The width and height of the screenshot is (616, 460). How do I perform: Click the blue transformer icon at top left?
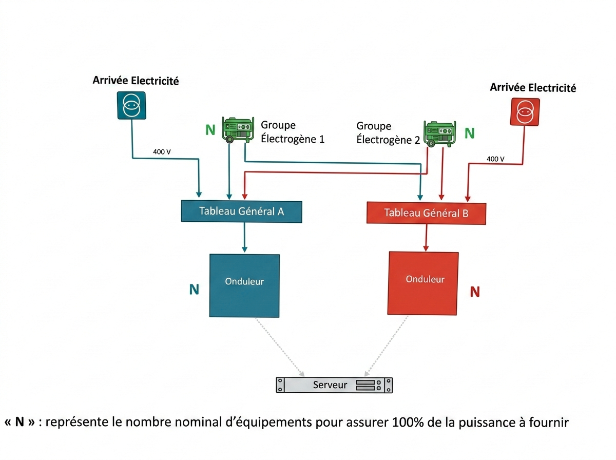click(131, 105)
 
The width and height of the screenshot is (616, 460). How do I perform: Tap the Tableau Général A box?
click(241, 211)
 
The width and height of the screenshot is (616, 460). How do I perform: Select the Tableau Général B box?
click(426, 213)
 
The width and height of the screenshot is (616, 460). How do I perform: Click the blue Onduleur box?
click(244, 285)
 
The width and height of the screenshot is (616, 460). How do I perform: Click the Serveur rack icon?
click(334, 385)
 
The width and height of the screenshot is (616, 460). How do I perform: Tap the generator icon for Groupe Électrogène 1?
click(238, 129)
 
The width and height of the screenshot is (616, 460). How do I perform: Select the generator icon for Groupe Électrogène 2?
click(439, 133)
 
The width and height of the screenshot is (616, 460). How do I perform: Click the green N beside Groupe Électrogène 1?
click(210, 130)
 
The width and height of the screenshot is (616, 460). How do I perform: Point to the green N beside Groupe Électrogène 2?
click(469, 133)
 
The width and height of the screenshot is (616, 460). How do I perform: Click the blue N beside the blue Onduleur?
click(194, 290)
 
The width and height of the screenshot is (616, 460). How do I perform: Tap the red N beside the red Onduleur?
click(475, 292)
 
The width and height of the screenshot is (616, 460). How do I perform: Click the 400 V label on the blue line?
click(162, 151)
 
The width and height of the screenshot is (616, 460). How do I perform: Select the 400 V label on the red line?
click(495, 159)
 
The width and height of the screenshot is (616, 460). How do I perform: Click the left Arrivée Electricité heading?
click(136, 80)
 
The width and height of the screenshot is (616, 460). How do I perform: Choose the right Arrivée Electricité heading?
click(533, 88)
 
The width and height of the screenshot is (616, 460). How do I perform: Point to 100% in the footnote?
click(409, 423)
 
